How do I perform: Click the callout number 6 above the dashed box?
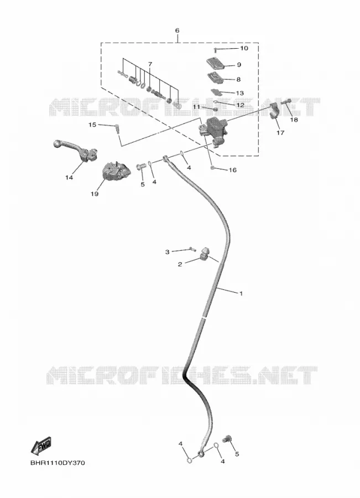click(x=177, y=30)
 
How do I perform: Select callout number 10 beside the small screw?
click(x=244, y=48)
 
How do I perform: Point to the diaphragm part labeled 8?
click(x=216, y=78)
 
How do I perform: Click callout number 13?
click(x=240, y=93)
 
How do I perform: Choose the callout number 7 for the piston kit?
click(x=150, y=64)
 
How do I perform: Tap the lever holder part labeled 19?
click(x=114, y=172)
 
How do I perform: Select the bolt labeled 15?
click(x=117, y=129)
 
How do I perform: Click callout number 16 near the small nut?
click(x=233, y=170)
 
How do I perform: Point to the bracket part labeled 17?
click(x=273, y=111)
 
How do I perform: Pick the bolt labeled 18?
click(x=286, y=102)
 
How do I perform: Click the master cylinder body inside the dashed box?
click(x=213, y=131)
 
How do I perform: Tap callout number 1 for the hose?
click(x=241, y=293)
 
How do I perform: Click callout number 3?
click(x=168, y=252)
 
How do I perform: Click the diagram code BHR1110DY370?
click(x=58, y=463)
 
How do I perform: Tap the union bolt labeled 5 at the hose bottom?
click(x=227, y=439)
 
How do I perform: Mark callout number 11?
click(x=197, y=107)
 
